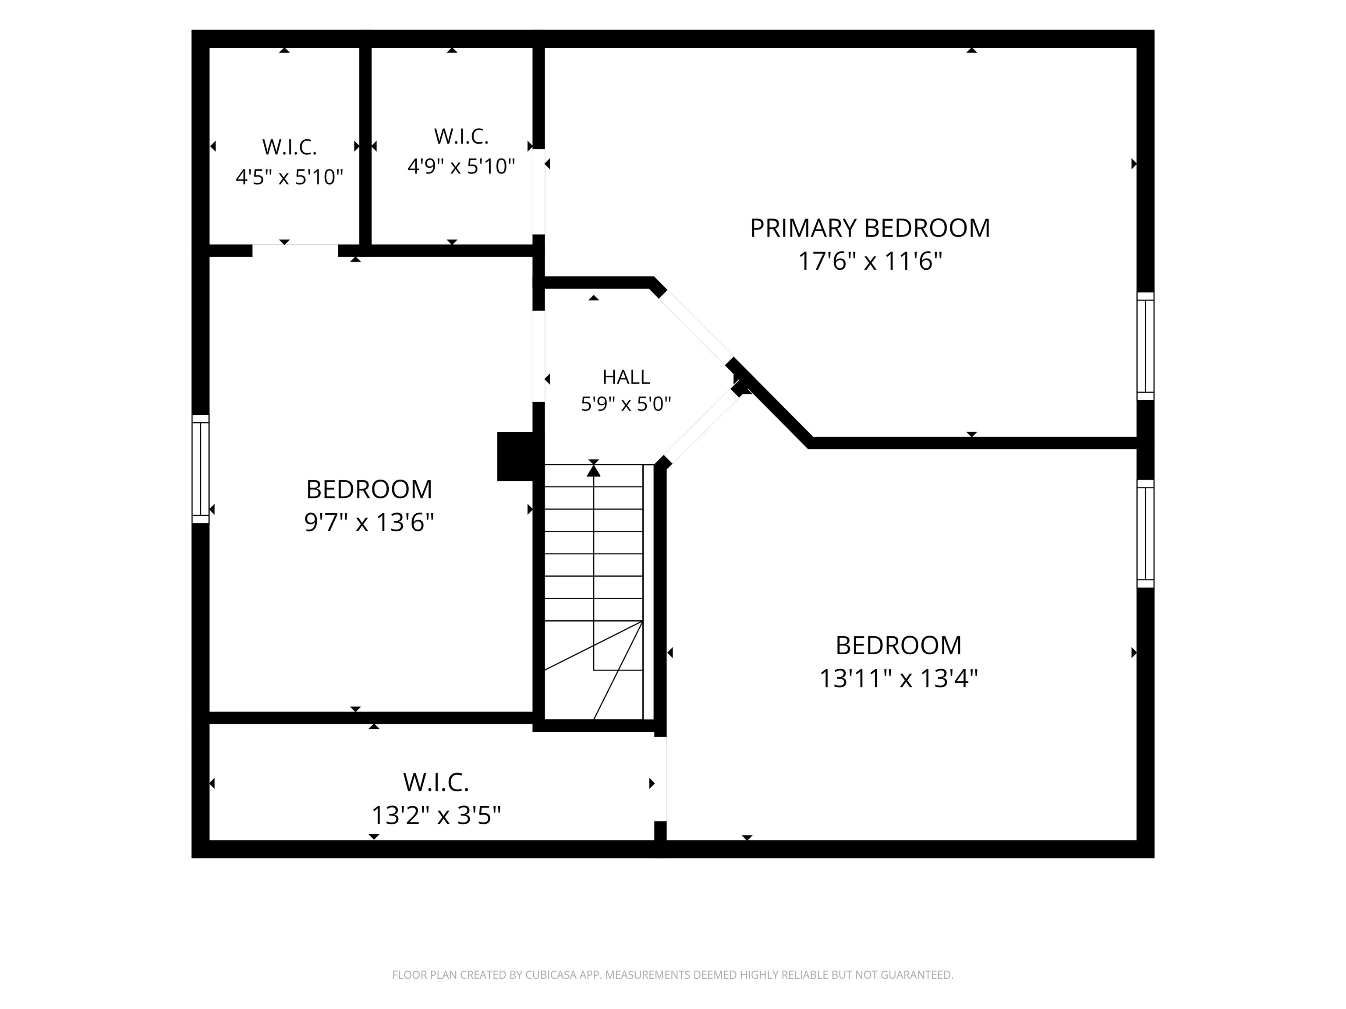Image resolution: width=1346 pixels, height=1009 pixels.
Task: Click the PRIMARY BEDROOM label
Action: click(870, 228)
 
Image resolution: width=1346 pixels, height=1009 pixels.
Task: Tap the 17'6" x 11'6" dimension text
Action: click(870, 261)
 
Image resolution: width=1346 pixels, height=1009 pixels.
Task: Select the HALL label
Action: click(626, 377)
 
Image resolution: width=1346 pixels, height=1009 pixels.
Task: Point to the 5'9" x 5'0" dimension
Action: click(626, 404)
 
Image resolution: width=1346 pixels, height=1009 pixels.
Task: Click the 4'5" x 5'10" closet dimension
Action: click(290, 177)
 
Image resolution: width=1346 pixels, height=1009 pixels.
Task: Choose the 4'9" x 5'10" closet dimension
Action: click(461, 166)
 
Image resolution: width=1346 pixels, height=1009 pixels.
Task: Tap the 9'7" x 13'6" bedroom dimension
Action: click(369, 522)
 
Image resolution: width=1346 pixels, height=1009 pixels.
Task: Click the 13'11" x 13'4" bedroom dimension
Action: click(898, 678)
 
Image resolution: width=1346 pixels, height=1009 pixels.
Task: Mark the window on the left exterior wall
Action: click(201, 469)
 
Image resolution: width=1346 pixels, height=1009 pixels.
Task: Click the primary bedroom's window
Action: click(1145, 346)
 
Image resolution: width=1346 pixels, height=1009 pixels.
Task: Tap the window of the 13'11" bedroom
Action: click(1145, 533)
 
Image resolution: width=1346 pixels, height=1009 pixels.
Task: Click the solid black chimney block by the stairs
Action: click(515, 456)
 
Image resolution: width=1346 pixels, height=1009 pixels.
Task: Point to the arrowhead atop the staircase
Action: click(593, 469)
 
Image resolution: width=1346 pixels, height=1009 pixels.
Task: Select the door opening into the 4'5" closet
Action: click(295, 250)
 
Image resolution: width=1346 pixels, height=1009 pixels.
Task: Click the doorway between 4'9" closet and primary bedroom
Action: click(538, 191)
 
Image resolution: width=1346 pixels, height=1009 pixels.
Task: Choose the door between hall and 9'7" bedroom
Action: click(538, 356)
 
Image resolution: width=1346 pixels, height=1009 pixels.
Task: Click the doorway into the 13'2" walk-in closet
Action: click(660, 779)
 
